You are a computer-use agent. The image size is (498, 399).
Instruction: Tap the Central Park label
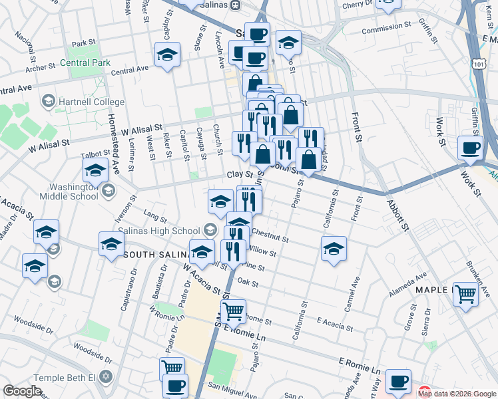(84, 64)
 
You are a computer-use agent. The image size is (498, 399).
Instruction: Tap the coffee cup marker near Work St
(470, 149)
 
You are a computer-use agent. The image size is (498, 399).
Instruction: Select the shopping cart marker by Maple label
(465, 293)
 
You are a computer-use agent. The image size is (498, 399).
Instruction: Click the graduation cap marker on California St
(334, 249)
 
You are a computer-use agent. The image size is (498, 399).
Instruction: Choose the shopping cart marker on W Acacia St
(233, 311)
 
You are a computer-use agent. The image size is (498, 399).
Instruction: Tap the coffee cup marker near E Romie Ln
(398, 382)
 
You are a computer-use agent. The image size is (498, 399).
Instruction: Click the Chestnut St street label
(270, 237)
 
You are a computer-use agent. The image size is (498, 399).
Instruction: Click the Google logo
(23, 391)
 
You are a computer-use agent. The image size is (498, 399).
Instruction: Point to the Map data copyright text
(457, 394)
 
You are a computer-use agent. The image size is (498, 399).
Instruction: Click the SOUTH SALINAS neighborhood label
(156, 255)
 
